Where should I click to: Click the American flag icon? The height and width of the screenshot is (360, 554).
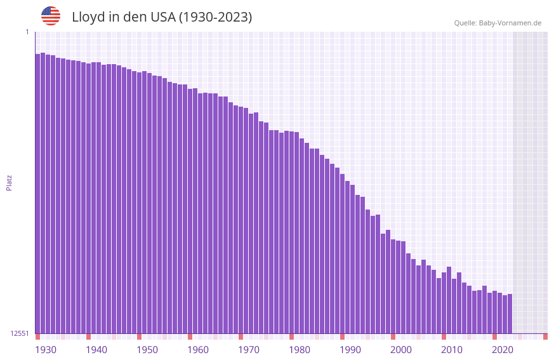coord(51,16)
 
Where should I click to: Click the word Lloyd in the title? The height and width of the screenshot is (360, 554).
coord(88,17)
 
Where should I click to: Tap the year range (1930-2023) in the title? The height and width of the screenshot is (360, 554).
coord(215,17)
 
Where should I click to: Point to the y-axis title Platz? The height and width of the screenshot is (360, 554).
coord(9,182)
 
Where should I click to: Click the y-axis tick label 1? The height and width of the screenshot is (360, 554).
coord(27,32)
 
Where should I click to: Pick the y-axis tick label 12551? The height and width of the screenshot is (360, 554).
coord(20,333)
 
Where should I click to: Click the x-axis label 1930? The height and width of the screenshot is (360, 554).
coord(46,350)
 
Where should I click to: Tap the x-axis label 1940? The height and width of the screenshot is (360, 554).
coord(96,350)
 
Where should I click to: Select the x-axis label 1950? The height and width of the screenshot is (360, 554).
coord(147,350)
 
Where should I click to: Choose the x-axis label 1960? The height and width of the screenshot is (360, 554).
coord(198,350)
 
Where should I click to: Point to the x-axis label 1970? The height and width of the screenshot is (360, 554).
coord(249,350)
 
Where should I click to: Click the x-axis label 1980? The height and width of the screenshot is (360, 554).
coord(300,350)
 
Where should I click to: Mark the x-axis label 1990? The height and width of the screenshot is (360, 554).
coord(350,350)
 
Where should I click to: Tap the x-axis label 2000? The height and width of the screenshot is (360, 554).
coord(401,350)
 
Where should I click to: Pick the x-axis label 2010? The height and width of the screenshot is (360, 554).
coord(452,350)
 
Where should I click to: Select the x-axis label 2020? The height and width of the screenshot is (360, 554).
coord(503,350)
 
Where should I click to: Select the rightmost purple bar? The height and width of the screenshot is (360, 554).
coord(510,314)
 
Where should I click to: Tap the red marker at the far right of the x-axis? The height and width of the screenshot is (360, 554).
coord(545,337)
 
